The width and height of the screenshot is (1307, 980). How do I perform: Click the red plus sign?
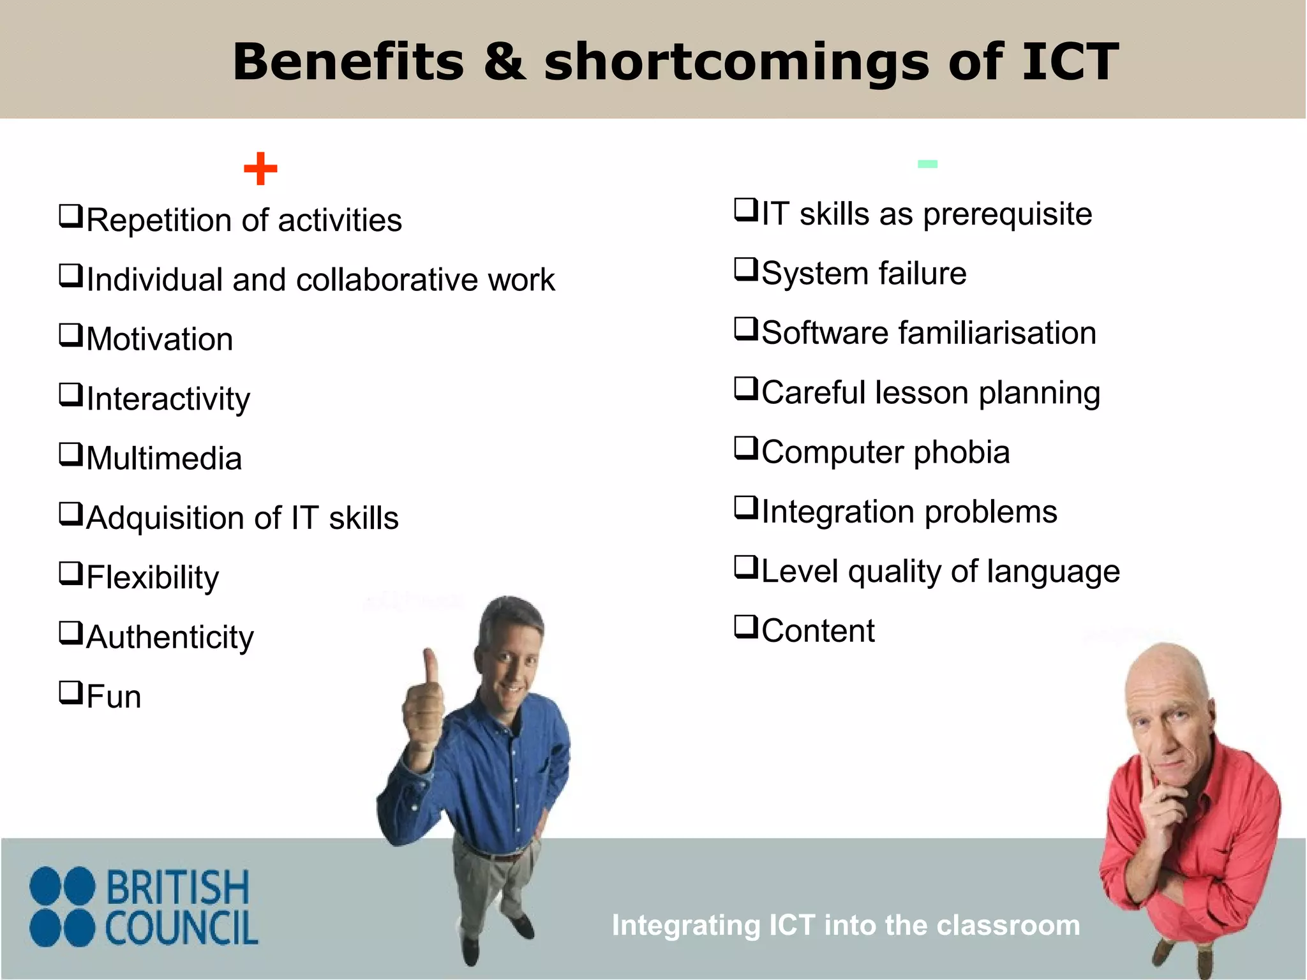260,169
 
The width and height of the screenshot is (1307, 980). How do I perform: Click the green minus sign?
927,164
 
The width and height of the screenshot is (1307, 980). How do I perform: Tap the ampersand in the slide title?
504,62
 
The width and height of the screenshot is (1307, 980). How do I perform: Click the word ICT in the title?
1070,62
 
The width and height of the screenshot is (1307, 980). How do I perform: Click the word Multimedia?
164,458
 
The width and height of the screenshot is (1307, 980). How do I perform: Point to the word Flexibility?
153,577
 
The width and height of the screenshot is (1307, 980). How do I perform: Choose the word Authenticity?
170,637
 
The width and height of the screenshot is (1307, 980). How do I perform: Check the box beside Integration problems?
746,507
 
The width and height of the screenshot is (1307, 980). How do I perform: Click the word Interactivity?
168,399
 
